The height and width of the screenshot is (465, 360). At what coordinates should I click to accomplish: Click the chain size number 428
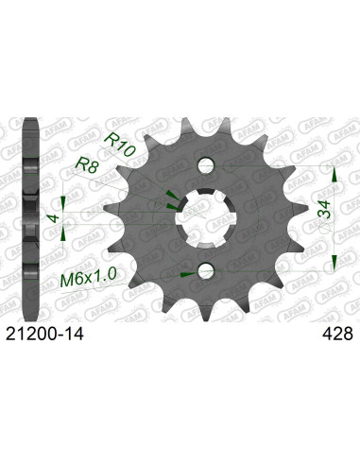(336, 334)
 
